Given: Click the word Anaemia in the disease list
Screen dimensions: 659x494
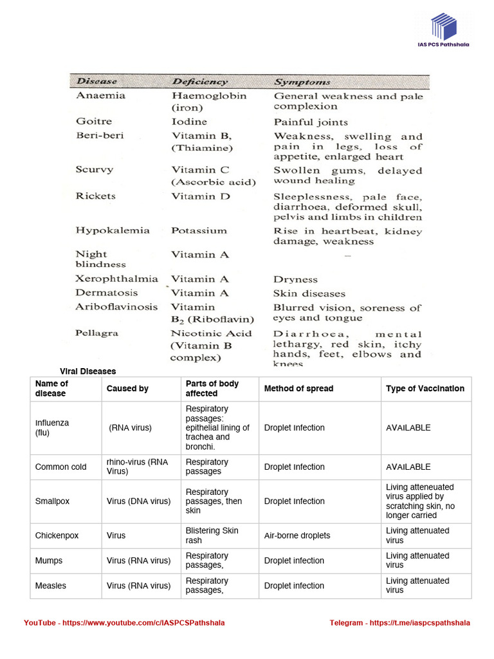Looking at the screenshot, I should click(100, 96).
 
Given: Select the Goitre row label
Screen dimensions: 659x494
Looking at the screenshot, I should click(94, 121).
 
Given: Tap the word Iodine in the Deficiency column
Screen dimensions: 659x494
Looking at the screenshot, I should click(189, 122).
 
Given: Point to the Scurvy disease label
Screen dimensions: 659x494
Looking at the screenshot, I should click(95, 170).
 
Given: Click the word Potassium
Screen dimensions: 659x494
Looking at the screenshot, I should click(199, 230).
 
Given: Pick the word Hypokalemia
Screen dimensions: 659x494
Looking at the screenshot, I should click(113, 230).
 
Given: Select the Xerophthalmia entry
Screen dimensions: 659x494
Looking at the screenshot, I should click(116, 279).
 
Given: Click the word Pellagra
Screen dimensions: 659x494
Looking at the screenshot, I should click(97, 333).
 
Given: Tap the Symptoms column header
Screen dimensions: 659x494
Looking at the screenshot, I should click(302, 82).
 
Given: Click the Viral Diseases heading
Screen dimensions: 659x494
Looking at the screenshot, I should click(87, 371).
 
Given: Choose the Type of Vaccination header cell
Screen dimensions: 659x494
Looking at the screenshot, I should click(425, 389).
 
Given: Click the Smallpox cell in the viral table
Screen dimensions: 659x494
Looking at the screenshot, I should click(54, 501).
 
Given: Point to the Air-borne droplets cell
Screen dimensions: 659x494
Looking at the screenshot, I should click(297, 535).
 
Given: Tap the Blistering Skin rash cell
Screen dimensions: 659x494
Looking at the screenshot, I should click(212, 535).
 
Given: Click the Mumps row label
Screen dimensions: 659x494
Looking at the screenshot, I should click(49, 561).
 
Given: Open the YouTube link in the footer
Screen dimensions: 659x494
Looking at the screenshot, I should click(124, 623).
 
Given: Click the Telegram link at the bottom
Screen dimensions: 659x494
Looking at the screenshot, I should click(399, 623).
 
